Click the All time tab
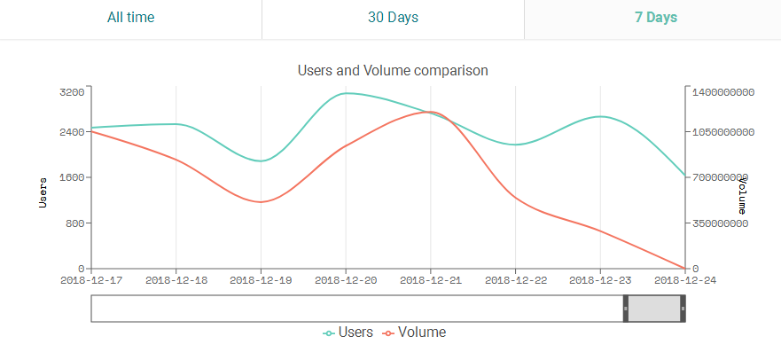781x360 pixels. tap(130, 18)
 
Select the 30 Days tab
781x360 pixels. tap(393, 18)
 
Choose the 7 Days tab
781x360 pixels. tap(656, 18)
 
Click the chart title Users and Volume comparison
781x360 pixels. tap(393, 69)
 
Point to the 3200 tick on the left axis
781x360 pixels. tap(72, 91)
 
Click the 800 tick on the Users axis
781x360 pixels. tap(74, 223)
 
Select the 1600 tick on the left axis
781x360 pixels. tap(72, 177)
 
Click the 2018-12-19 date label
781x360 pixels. tap(261, 280)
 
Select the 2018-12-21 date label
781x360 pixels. tap(430, 280)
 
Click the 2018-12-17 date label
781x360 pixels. tap(91, 280)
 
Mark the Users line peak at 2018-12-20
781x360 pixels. tap(346, 92)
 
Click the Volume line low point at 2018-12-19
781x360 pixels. tap(261, 202)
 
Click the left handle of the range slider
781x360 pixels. tap(626, 309)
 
